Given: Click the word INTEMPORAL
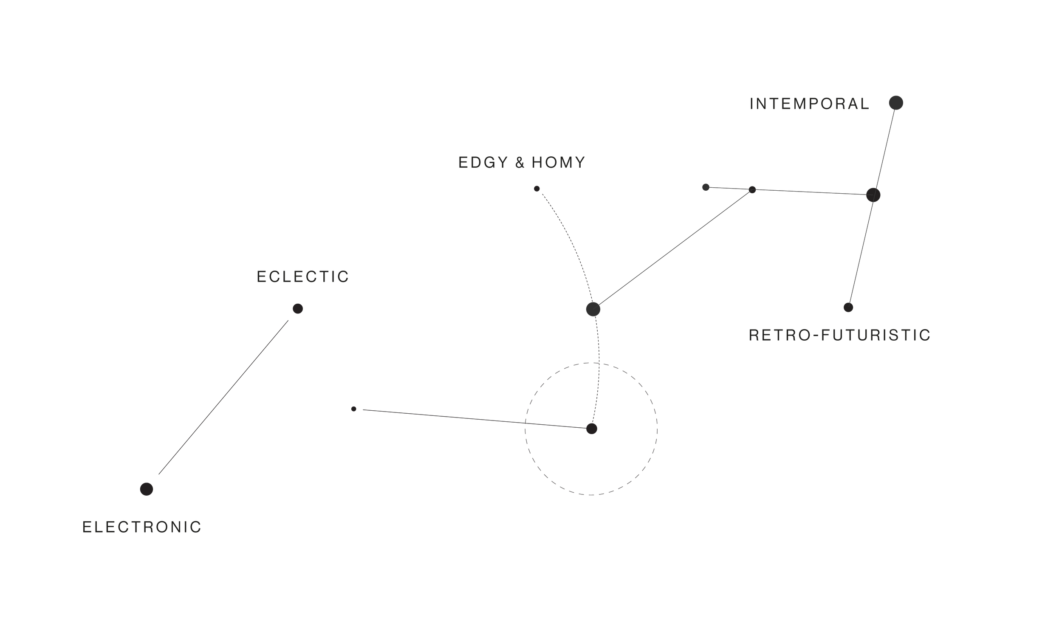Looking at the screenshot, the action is [809, 104].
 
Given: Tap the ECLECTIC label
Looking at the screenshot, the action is [303, 277].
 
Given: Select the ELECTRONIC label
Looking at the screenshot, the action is [142, 528].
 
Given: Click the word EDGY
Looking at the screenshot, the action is [483, 163].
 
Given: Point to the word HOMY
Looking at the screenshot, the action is [559, 163].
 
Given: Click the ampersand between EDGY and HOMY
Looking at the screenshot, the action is [520, 163].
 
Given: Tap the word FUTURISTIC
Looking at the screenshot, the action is [876, 336].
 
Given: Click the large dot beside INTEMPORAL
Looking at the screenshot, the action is [896, 103].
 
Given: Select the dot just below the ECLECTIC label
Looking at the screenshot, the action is [298, 309].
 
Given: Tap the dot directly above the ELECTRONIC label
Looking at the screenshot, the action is [147, 489].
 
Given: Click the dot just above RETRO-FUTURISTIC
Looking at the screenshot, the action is [848, 308].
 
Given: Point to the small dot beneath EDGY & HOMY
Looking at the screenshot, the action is [537, 189].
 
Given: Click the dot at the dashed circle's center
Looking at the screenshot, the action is [592, 429].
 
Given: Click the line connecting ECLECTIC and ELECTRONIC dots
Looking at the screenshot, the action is [223, 397].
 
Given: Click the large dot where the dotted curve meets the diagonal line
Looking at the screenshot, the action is [593, 309].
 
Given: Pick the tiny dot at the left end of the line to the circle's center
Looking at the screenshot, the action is [354, 409].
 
